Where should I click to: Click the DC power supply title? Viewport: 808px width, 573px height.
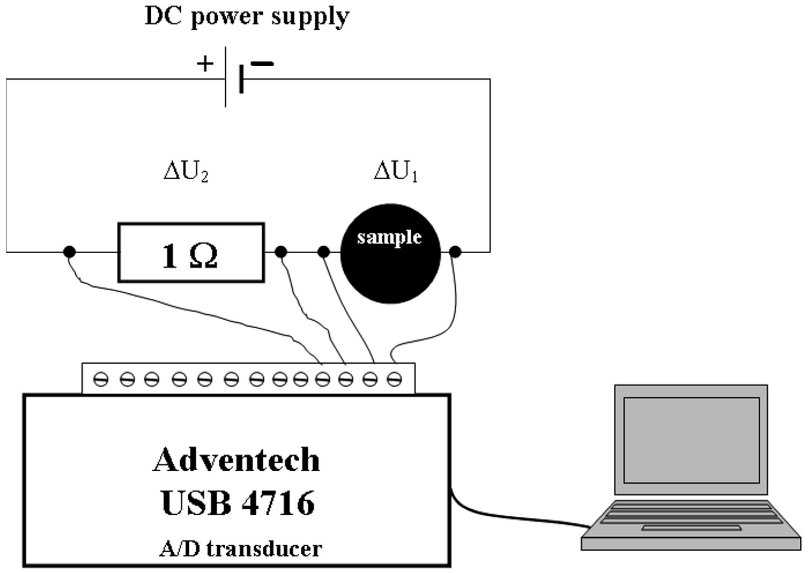coord(247,17)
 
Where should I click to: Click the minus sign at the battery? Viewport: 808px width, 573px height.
coord(262,64)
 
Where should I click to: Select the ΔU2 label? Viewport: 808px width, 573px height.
coord(186,172)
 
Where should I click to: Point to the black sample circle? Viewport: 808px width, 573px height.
coord(391,268)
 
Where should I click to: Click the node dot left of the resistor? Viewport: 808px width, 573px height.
coord(69,252)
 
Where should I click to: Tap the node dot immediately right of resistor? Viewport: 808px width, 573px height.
coord(281,252)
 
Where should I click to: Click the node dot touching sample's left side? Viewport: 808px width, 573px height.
coord(324,252)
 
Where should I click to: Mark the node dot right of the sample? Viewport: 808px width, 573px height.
coord(455,252)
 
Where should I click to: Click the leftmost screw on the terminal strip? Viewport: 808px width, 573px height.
coord(101,380)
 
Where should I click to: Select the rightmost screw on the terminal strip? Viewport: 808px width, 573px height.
coord(394,380)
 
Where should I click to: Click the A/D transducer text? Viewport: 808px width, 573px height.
coord(241,549)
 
